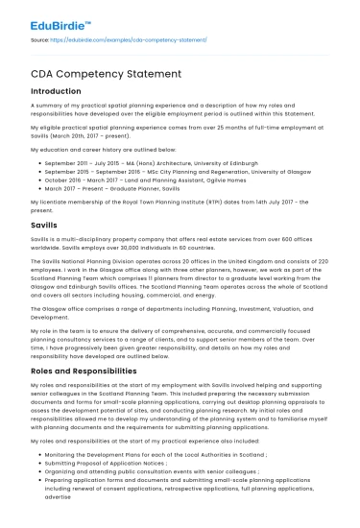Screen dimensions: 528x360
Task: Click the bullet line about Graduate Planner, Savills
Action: click(x=124, y=190)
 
